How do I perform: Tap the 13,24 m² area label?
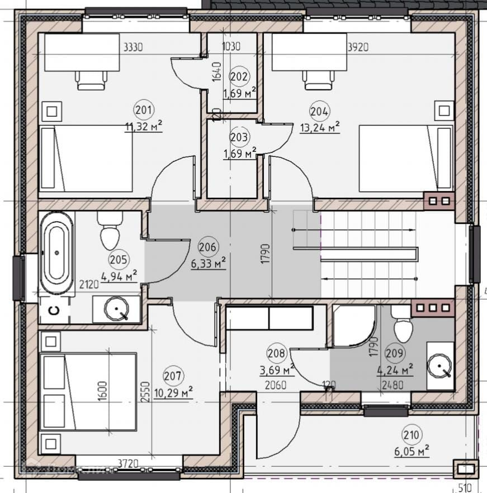coord(320,128)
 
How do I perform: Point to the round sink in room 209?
coord(440,365)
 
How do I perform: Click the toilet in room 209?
coord(401,324)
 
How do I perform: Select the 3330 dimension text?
coord(133,47)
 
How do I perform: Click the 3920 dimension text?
coord(358,47)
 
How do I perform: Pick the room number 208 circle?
coord(277,353)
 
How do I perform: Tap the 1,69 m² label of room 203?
coord(239,152)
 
